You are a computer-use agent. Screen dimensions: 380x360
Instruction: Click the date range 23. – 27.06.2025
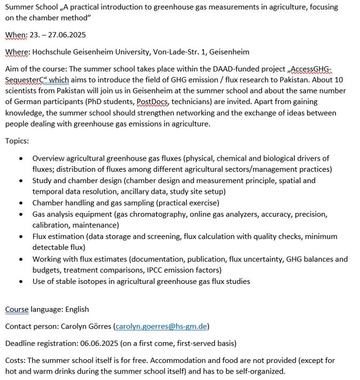pos(58,35)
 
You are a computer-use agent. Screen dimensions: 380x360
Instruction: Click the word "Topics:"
pos(17,141)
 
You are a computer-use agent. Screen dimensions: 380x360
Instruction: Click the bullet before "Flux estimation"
pos(21,236)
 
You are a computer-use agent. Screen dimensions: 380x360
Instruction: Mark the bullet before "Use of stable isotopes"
pos(21,281)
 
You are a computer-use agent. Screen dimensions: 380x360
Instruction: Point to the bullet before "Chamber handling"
pos(21,203)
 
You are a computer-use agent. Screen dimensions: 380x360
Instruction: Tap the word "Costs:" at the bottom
pos(16,360)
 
